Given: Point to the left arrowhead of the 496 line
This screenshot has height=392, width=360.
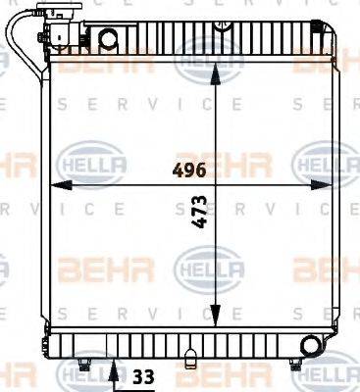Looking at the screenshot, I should click(x=55, y=185).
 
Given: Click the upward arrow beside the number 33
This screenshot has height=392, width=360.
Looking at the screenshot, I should click(x=115, y=371).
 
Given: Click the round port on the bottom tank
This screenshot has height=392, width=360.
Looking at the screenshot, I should click(x=312, y=346).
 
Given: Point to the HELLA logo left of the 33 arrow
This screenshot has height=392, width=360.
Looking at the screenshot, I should click(x=78, y=376).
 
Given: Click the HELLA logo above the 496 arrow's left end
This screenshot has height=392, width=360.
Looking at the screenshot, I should click(x=88, y=158).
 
